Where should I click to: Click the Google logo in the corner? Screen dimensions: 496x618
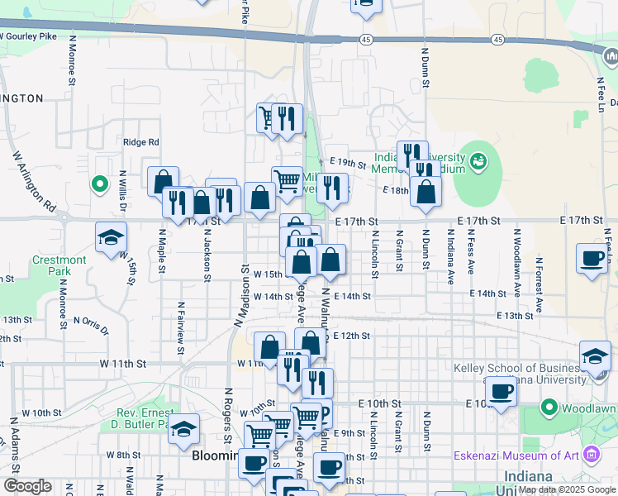(x=26, y=486)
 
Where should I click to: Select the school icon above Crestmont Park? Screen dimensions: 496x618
(x=111, y=238)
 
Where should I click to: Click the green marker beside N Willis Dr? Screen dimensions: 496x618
(x=99, y=184)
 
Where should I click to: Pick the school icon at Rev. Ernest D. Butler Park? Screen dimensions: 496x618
(x=185, y=428)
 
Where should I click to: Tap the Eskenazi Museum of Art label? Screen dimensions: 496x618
(x=514, y=455)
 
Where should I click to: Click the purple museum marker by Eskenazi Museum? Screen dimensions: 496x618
(x=590, y=454)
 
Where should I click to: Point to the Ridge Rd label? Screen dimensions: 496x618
(x=140, y=142)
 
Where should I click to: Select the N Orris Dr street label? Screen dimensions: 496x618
(x=91, y=324)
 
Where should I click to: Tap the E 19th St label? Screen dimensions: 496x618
(x=346, y=161)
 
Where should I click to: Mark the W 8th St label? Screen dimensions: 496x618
(x=123, y=455)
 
